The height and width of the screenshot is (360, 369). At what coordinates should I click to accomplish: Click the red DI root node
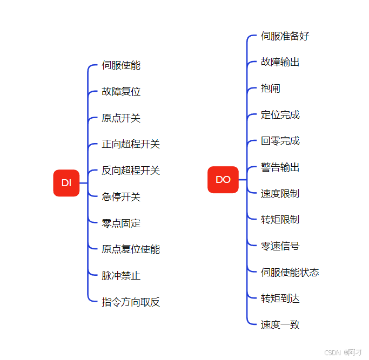66,183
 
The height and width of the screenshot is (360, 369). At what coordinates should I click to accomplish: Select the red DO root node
223,180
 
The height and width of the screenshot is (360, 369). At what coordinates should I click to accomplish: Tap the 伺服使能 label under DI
121,65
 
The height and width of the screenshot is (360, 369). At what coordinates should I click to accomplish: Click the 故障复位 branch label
121,92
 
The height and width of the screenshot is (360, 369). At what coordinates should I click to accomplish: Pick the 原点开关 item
121,118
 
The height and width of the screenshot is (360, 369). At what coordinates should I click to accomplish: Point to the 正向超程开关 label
131,144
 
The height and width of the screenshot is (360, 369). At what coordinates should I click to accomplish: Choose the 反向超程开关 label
131,171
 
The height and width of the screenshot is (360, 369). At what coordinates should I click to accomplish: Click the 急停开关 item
121,197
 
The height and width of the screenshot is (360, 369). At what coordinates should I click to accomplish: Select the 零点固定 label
121,223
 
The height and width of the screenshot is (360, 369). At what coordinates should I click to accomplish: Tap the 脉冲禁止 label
121,276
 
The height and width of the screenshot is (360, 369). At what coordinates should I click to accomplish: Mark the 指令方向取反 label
131,302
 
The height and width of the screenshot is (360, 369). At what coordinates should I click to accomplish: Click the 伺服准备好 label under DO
285,36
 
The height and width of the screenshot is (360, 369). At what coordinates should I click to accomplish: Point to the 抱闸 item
270,89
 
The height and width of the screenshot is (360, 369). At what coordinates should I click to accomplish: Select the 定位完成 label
280,115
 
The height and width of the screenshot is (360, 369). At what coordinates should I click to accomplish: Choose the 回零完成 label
280,141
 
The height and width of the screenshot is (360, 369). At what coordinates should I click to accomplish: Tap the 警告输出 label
280,167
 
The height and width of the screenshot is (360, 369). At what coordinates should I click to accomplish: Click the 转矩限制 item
280,220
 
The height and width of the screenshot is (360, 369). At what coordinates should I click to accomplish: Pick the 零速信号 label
280,246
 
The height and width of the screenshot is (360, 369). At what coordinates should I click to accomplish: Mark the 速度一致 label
280,325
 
